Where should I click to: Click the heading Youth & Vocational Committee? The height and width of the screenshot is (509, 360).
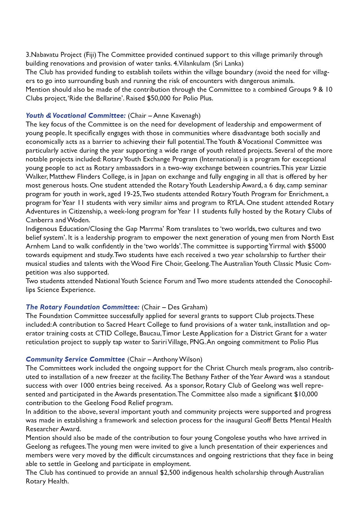[x=75, y=115]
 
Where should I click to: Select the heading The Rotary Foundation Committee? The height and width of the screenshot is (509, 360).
[x=82, y=307]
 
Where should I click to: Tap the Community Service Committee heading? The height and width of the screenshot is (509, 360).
[x=75, y=359]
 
